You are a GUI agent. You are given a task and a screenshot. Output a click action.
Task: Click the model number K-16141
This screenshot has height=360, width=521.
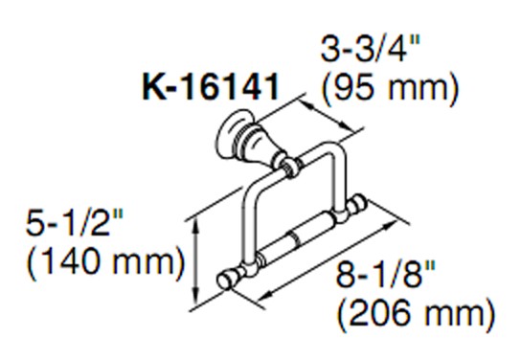211,87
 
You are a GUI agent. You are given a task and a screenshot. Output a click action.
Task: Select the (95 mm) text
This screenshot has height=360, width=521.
391,88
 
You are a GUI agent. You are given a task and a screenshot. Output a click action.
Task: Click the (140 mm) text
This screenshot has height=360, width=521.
105,262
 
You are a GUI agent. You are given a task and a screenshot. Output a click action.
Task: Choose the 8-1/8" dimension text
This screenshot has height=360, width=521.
386,274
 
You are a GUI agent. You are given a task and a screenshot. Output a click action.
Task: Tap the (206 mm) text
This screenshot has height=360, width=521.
417,314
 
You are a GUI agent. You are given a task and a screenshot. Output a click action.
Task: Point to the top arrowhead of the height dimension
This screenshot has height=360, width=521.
197,226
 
